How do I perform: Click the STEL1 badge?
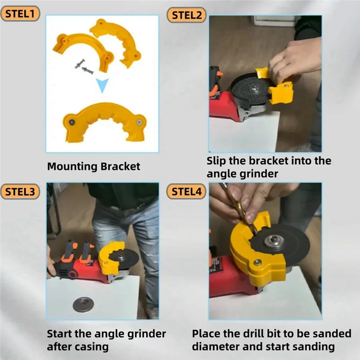20,13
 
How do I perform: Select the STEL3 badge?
20,191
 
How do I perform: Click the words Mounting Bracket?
94,166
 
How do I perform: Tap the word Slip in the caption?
216,161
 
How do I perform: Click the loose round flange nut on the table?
83,305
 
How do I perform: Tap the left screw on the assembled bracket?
71,120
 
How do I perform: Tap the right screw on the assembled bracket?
140,121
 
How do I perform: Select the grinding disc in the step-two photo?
250,90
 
